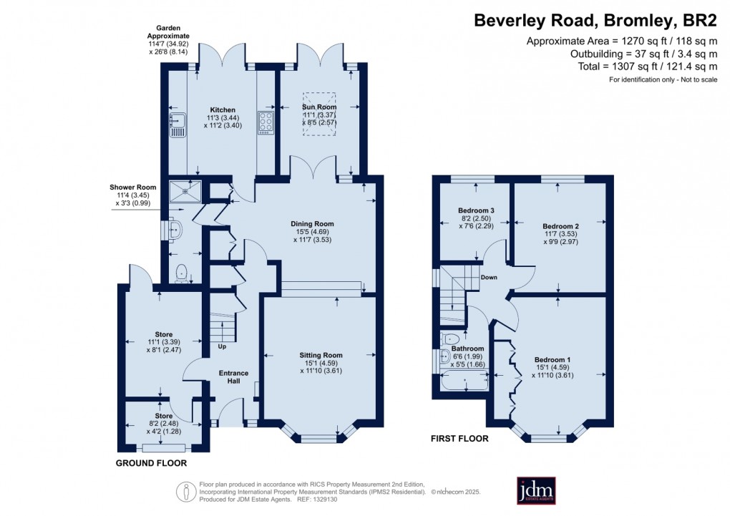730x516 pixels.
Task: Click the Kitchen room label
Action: coord(222,110)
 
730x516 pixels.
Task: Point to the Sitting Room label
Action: coord(321,355)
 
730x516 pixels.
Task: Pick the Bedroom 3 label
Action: coord(476,210)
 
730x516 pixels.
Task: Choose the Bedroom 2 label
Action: coord(561,226)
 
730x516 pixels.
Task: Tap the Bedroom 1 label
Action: coord(553,360)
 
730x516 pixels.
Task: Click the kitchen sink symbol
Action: coord(177,125)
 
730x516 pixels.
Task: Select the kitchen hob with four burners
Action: coord(266,122)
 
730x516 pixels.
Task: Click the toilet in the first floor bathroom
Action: coord(451,338)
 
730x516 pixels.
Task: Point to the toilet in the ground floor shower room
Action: coord(182,272)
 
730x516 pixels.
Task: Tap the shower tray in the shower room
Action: coord(185,190)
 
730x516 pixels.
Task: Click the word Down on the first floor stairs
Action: coord(489,278)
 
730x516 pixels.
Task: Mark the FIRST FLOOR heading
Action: coord(459,439)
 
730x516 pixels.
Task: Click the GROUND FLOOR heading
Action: coord(151,464)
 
